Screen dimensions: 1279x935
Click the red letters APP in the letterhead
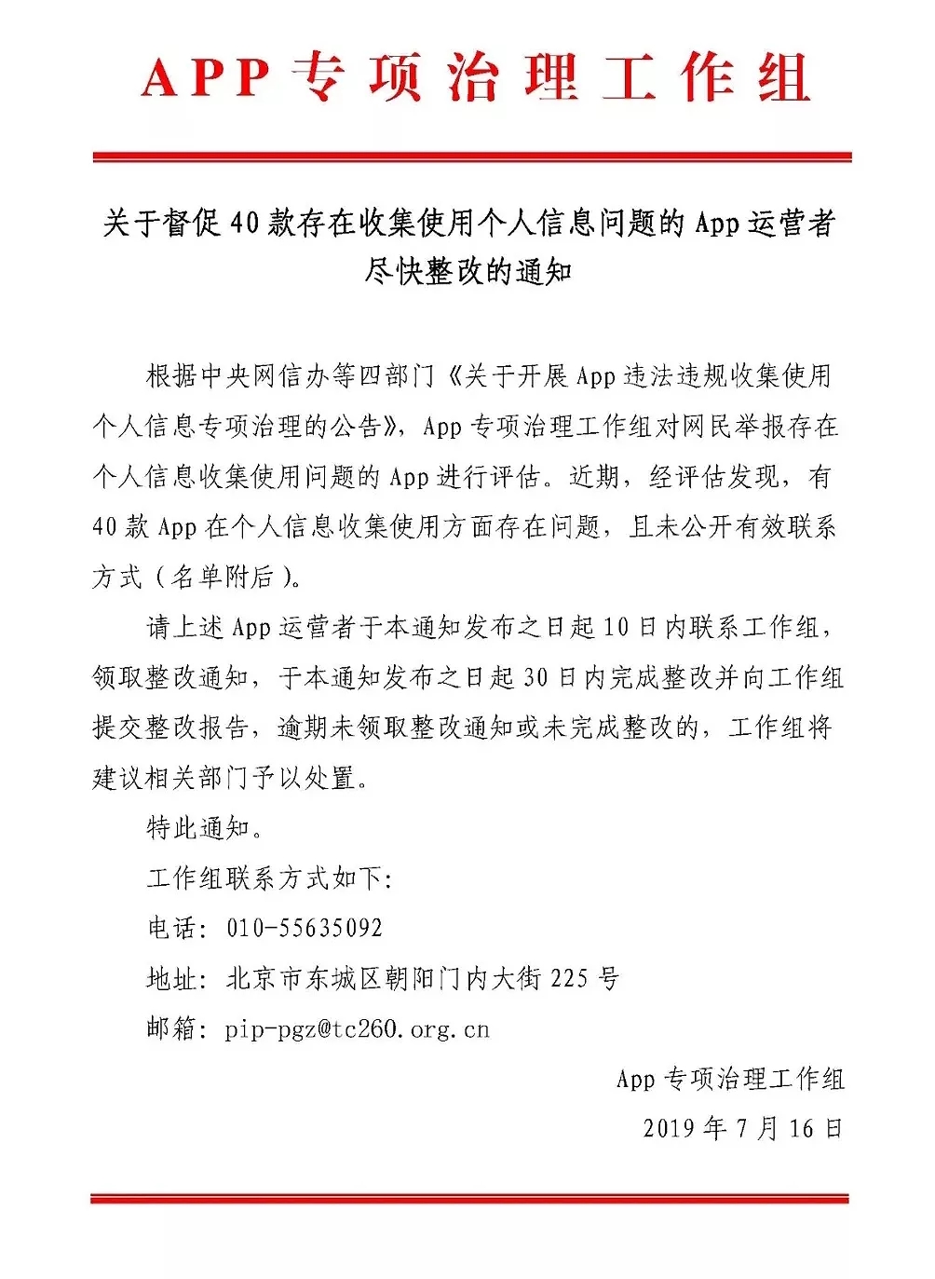206,78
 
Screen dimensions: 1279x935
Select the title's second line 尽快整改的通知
468,271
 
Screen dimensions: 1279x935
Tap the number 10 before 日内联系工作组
616,627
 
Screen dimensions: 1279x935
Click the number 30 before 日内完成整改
535,677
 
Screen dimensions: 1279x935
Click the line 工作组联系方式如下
269,878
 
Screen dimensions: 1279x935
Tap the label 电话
172,928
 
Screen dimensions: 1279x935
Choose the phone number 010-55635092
305,928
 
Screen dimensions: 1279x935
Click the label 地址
172,978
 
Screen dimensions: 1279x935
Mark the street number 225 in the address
569,978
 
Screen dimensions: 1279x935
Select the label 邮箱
172,1028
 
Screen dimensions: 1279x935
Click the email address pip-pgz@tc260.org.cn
357,1029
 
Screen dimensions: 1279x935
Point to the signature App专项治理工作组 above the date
730,1079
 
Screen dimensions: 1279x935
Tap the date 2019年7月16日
742,1129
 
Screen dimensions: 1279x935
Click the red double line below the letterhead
471,157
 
